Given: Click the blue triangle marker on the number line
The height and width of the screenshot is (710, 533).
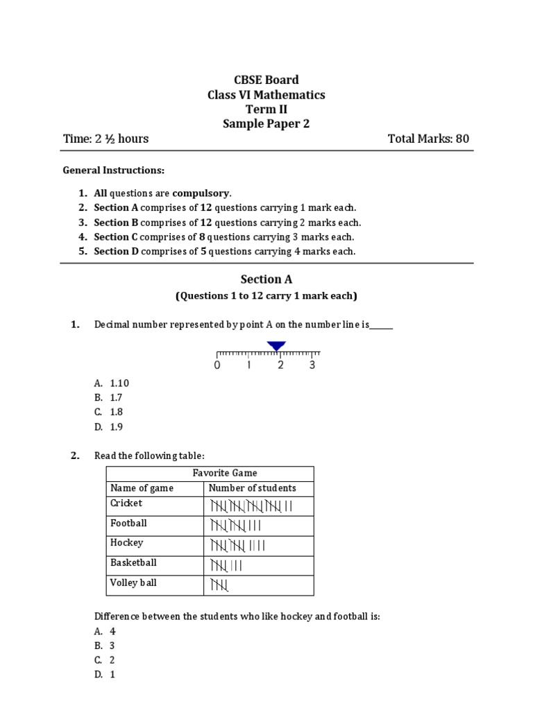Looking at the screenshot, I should pos(276,346).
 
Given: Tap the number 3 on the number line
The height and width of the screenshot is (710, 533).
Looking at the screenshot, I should pos(312,365).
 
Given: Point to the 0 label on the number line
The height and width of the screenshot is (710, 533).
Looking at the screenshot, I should pos(217,365).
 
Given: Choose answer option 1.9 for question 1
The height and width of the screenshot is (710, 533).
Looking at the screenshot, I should pos(116,427).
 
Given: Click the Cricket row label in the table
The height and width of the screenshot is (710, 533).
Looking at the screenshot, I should pos(126,503).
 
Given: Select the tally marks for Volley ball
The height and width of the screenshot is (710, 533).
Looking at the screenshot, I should pos(218,586).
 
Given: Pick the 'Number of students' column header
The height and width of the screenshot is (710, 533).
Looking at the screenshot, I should pos(252,488).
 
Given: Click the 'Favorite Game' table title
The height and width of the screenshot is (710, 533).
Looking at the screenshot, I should pos(210,473).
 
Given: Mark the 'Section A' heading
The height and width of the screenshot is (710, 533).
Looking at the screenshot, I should pos(266,279).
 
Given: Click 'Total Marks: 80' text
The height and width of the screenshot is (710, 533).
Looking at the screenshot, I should pos(428,139).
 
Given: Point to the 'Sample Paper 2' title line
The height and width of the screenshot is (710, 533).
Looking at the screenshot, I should pos(266,124).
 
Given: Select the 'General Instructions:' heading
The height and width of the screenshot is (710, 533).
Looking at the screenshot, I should pos(114,170).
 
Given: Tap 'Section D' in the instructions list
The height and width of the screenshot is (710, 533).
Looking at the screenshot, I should pos(112,251).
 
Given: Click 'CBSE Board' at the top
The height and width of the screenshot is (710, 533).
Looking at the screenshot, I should pos(266,80).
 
